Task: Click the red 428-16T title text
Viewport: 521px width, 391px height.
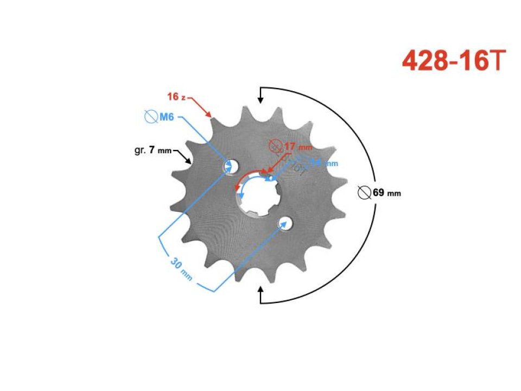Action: point(454,61)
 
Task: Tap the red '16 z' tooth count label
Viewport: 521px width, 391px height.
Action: point(176,97)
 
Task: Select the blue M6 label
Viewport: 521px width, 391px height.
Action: point(166,116)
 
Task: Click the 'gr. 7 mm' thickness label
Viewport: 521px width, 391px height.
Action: point(153,149)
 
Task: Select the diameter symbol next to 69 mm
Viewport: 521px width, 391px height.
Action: point(365,192)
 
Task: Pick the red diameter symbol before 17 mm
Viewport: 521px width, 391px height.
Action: point(276,146)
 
